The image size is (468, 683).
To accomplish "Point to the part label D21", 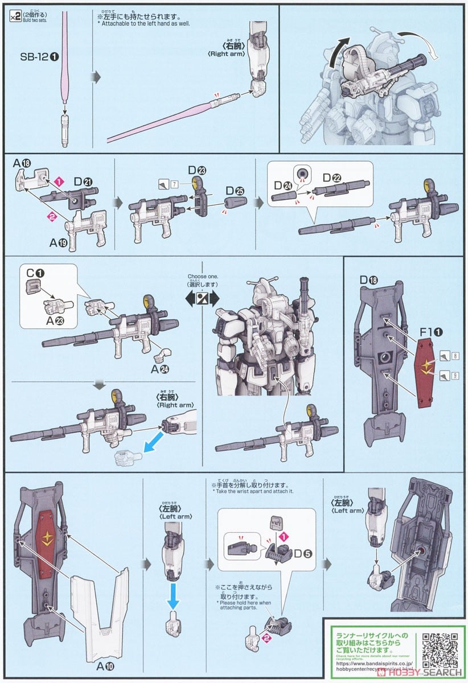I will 83,181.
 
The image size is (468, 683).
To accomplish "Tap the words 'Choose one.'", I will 200,277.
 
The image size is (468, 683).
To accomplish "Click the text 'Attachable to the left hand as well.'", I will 145,24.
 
